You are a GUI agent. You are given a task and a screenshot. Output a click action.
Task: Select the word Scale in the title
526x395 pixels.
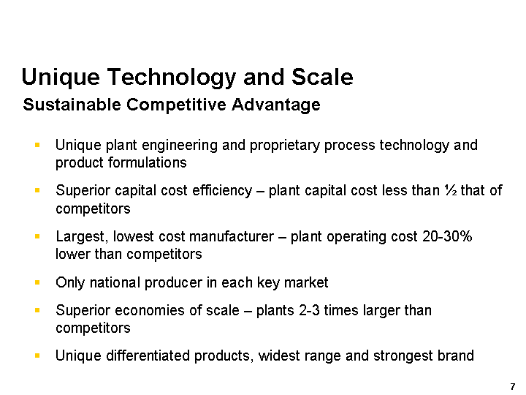322,77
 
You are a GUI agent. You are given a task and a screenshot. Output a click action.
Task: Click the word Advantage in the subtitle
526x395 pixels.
275,105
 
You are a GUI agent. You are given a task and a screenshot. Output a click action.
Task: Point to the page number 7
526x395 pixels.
513,387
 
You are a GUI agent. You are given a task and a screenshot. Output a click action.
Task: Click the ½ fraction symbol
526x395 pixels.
451,190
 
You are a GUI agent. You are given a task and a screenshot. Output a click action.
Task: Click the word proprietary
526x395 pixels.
284,146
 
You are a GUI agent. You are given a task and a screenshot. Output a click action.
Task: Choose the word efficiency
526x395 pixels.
222,191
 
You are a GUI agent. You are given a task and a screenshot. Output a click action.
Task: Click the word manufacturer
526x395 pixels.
232,236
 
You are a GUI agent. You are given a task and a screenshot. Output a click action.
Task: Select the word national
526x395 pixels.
115,282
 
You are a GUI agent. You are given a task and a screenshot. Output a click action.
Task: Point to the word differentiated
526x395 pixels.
148,355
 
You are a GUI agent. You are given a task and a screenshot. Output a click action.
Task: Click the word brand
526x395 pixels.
457,355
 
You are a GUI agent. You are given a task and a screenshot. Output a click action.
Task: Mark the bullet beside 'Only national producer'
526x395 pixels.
37,282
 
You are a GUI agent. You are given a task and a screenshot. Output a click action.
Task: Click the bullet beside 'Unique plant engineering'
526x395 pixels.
37,145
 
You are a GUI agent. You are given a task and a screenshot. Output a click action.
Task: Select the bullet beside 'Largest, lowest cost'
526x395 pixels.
37,236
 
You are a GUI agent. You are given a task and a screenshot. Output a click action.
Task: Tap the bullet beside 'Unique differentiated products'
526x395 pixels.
37,355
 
